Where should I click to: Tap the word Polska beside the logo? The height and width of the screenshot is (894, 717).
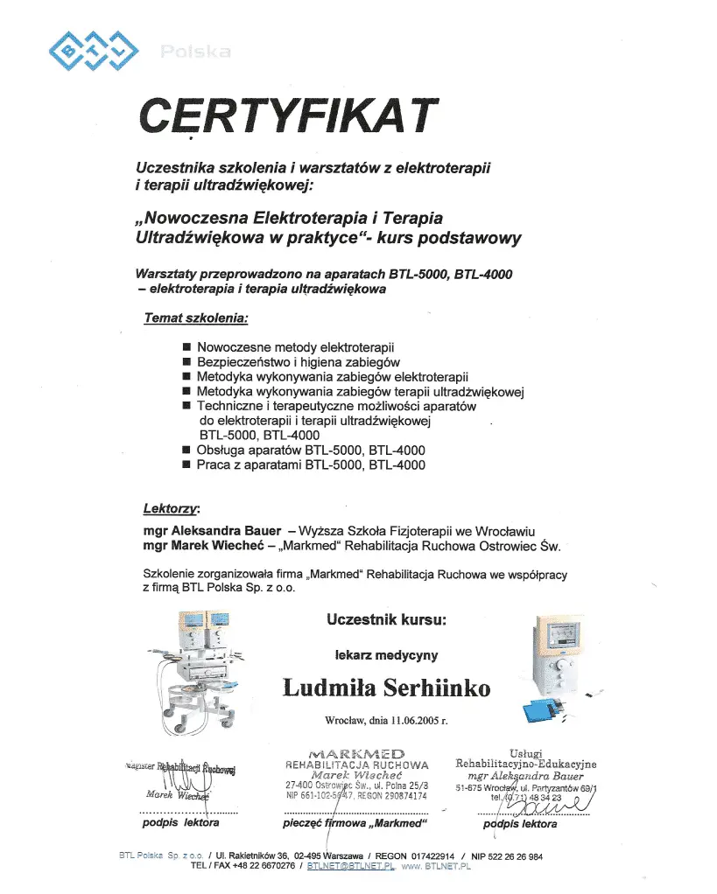tap(195, 52)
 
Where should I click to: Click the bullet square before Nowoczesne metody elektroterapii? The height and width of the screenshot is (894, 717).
tap(186, 347)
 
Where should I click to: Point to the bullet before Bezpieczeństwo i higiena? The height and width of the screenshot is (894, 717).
tap(186, 362)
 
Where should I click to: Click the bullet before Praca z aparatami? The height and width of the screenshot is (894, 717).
tap(186, 465)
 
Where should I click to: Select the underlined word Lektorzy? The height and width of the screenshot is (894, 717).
tap(171, 508)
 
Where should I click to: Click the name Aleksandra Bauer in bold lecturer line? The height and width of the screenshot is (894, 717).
tap(226, 531)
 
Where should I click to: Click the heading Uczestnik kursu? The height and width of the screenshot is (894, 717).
tap(386, 619)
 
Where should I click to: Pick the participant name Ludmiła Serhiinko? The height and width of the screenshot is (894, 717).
tap(386, 688)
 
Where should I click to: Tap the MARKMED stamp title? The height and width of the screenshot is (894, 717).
tap(356, 753)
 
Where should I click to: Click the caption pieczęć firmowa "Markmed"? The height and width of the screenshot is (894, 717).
tap(354, 823)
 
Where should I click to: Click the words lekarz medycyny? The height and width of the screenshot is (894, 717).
tap(386, 654)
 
